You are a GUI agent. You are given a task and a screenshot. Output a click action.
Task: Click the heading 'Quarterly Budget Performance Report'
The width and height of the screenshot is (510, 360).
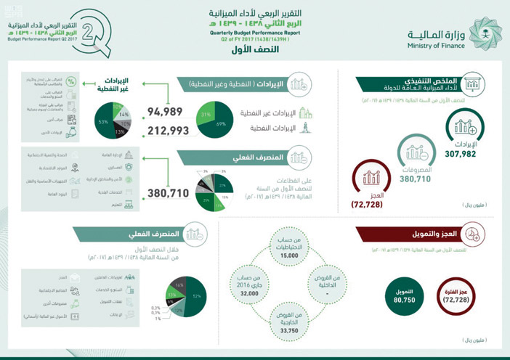pyautogui.click(x=254, y=33)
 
